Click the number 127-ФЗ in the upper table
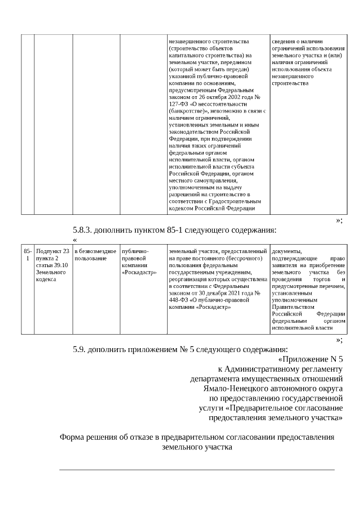[179, 104]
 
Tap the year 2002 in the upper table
[241, 97]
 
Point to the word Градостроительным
[237, 201]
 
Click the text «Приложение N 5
[310, 359]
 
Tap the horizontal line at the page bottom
[197, 469]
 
